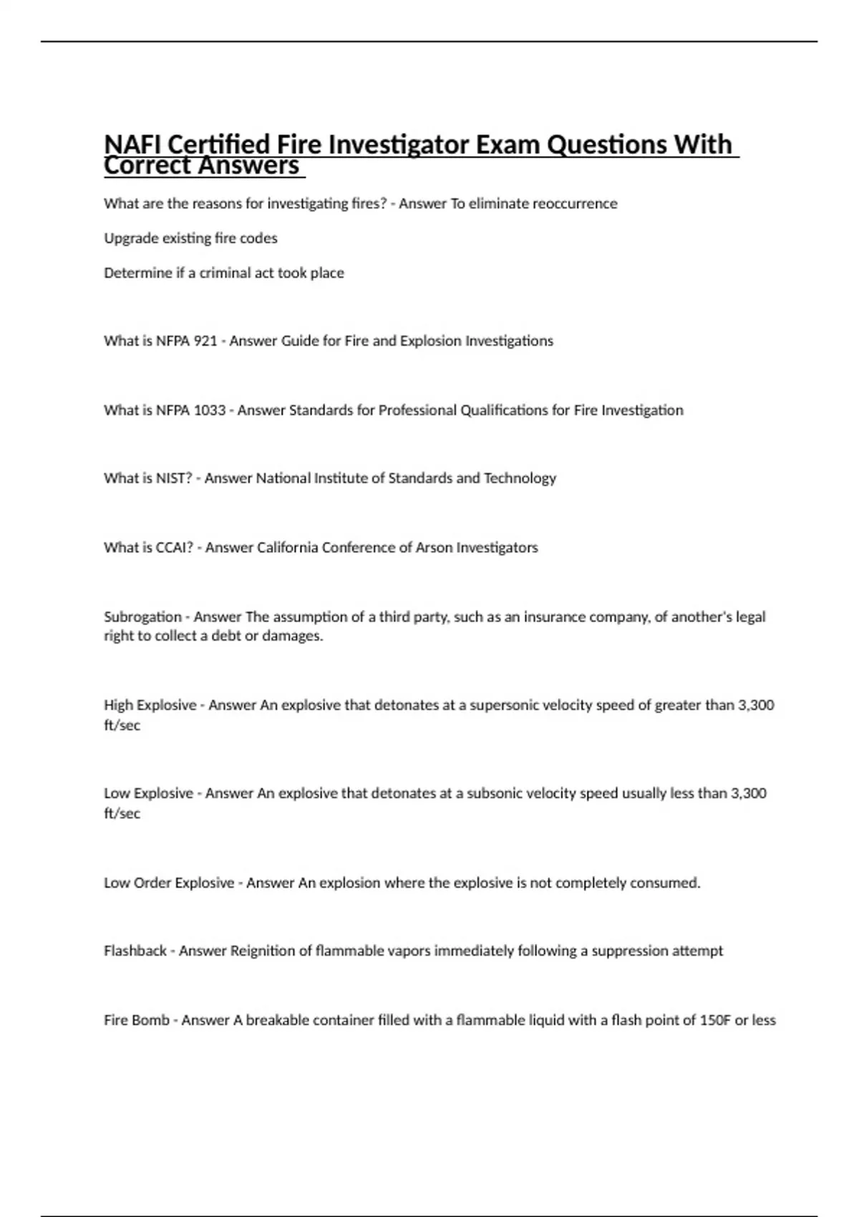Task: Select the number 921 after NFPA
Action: coord(205,341)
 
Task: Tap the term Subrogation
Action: coord(142,617)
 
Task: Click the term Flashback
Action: coord(135,951)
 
